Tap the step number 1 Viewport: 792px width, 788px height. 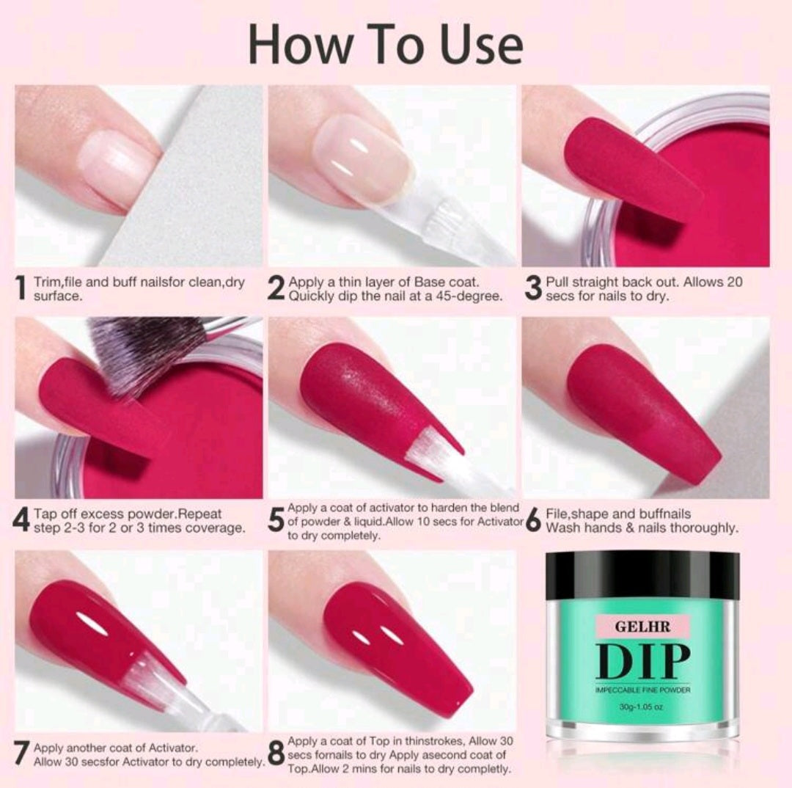(x=21, y=288)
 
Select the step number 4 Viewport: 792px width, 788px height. (x=21, y=520)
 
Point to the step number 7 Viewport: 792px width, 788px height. (x=21, y=754)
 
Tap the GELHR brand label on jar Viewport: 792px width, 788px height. (x=642, y=627)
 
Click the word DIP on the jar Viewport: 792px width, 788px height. (x=642, y=661)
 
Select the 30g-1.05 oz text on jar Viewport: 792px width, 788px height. (x=642, y=707)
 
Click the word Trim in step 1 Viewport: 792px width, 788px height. (x=45, y=282)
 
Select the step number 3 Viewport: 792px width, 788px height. (x=533, y=288)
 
